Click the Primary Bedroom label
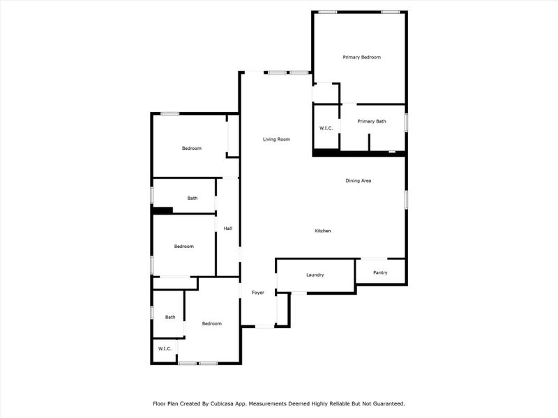tap(361, 57)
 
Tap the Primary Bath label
tap(372, 122)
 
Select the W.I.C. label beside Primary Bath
tap(326, 128)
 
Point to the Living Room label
tap(276, 139)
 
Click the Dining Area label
tap(358, 181)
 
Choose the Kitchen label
tap(322, 231)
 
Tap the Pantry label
tap(380, 272)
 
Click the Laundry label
tap(315, 275)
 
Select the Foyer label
tap(258, 293)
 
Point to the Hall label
tap(227, 229)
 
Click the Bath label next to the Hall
tap(192, 199)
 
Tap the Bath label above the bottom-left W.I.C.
tap(170, 318)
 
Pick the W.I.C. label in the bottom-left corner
tap(165, 348)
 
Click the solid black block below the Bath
tap(163, 210)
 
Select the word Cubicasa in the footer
tap(223, 403)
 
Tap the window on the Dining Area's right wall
tap(406, 199)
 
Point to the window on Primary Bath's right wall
tap(406, 121)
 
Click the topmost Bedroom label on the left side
tap(192, 148)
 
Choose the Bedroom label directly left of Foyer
tap(211, 324)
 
